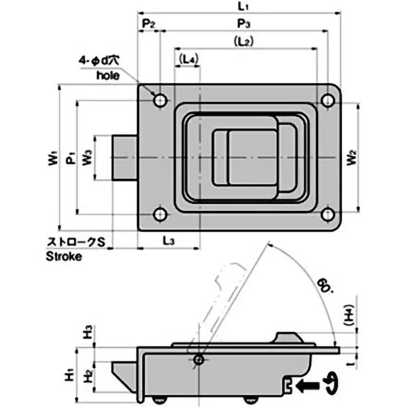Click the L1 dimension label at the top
click(243, 7)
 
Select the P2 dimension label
click(148, 24)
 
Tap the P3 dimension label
click(243, 24)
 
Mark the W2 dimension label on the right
click(352, 158)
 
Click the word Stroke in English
click(64, 256)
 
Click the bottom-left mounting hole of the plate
click(161, 215)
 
